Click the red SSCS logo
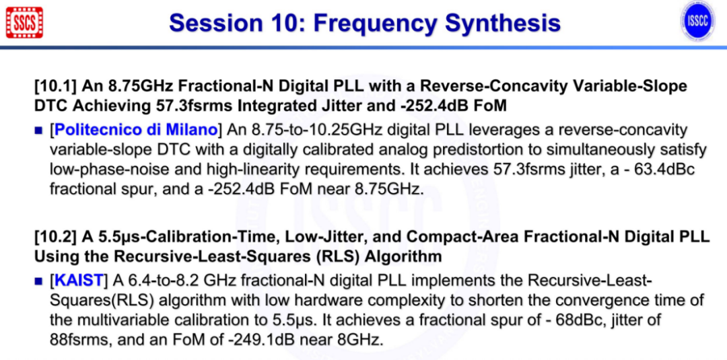point(25,22)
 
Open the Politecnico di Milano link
point(136,130)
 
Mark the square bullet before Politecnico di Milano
point(38,131)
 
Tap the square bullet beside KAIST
point(38,281)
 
